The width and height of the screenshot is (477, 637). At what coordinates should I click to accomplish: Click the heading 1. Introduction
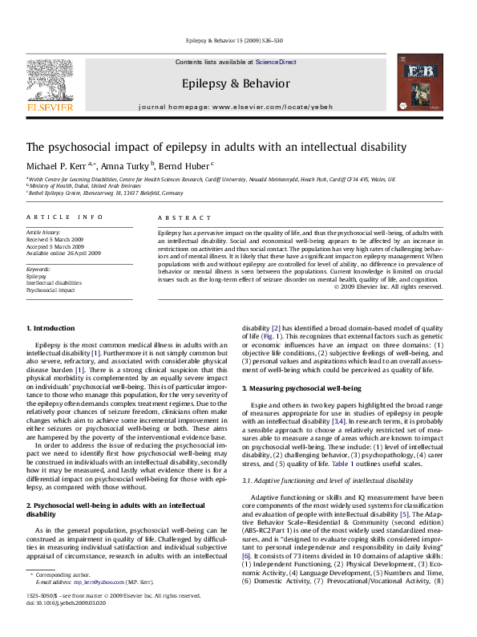[52, 329]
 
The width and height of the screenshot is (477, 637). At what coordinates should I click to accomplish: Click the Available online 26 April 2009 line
[64, 253]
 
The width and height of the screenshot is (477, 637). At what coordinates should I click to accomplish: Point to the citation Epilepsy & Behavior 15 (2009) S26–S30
[237, 39]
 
